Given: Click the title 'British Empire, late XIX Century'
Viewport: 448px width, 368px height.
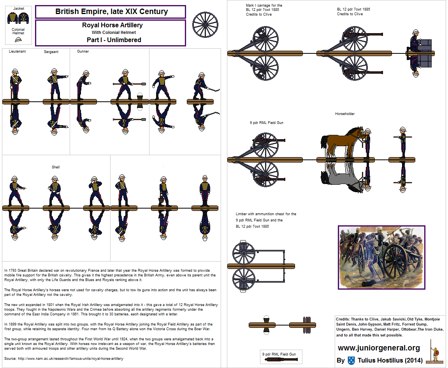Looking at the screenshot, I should coord(111,11).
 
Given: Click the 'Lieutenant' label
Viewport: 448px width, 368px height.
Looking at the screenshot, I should coord(17,51).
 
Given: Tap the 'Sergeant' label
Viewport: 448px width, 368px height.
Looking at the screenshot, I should coord(51,51).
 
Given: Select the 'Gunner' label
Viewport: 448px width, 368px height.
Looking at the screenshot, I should coord(83,51).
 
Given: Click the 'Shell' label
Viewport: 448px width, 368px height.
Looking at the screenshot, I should coord(56,167).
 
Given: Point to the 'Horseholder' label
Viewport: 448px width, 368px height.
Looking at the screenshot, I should coord(345,114).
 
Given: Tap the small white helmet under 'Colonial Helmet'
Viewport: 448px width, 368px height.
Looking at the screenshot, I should coord(18,39).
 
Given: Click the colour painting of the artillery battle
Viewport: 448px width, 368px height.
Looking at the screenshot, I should coord(380,257).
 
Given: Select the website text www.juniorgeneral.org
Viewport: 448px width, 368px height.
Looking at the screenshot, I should coord(379,348).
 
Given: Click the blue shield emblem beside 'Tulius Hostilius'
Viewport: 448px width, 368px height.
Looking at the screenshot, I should coord(351,360).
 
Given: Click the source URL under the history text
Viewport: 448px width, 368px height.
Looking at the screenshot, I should coord(63,358).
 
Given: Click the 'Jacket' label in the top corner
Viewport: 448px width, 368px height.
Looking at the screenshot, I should coord(18,8).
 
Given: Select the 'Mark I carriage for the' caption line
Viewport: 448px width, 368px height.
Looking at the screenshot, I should coord(264,5).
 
